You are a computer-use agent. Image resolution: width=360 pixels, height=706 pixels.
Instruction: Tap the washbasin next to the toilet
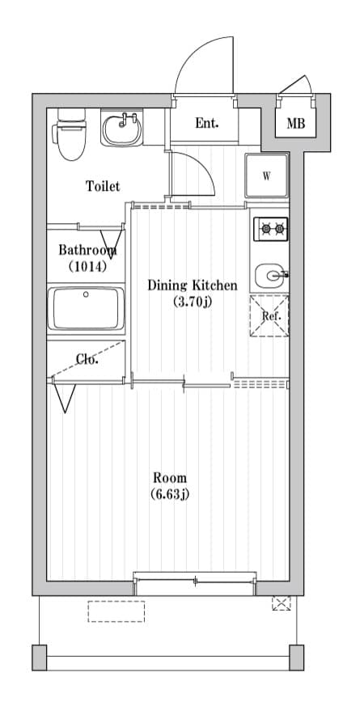click(121, 129)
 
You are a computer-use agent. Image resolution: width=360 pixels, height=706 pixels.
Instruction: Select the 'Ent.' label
click(207, 123)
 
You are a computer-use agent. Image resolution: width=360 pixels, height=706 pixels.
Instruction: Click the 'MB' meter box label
click(296, 124)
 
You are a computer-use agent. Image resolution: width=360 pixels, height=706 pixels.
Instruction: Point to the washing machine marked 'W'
click(267, 175)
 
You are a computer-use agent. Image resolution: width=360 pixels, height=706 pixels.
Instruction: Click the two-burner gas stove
click(271, 229)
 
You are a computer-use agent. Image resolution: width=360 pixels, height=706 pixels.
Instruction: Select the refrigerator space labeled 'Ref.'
click(269, 315)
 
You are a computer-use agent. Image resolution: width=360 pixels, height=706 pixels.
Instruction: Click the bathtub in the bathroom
click(86, 308)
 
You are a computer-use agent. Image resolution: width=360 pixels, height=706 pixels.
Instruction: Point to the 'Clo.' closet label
click(87, 360)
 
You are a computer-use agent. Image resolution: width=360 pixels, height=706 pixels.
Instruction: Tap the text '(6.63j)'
click(170, 494)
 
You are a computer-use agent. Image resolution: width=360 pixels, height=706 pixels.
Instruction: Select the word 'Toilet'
click(104, 186)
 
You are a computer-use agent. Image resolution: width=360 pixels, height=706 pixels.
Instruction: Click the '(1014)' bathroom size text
click(87, 267)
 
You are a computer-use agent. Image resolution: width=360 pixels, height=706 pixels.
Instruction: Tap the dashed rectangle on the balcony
click(116, 611)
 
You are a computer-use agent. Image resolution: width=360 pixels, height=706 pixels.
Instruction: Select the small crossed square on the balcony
click(282, 603)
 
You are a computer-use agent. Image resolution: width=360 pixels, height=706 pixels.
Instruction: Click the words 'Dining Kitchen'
click(193, 285)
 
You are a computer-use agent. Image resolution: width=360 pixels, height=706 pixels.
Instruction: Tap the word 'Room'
click(170, 477)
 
